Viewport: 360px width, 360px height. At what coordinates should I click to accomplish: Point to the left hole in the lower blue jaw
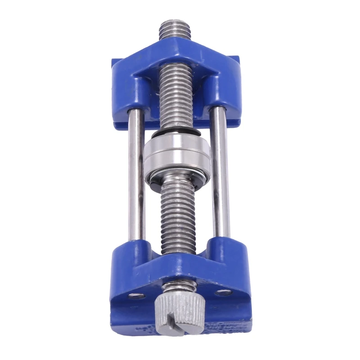135,296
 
